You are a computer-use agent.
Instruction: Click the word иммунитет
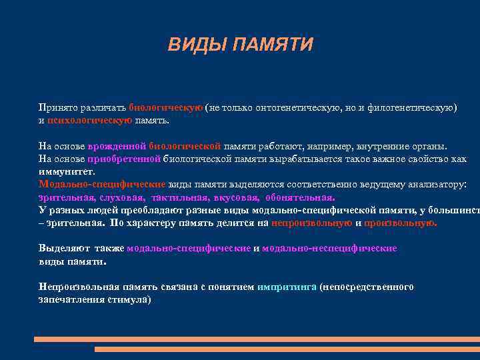tap(63, 171)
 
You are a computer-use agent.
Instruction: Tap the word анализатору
tap(434, 184)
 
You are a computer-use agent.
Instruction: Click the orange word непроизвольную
tap(311, 223)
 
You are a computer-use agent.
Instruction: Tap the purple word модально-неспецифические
tap(329, 248)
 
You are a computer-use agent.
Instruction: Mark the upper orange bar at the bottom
tap(257, 339)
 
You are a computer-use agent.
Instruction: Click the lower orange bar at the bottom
tap(287, 349)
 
